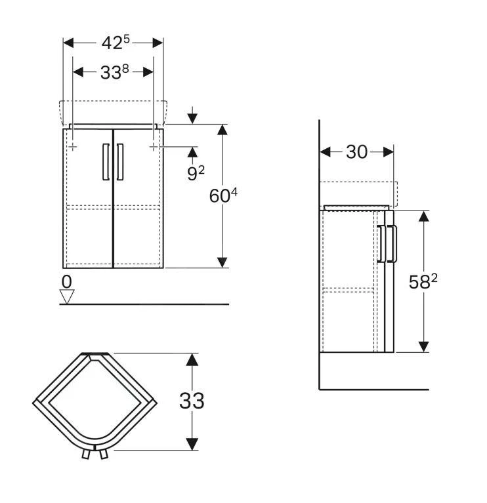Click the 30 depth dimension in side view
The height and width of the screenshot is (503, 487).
pos(356,152)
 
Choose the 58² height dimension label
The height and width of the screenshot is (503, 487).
pos(423,282)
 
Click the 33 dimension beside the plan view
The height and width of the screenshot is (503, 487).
pos(192,400)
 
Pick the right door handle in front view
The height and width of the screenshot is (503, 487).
pos(120,161)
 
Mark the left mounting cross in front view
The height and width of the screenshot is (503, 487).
pos(73,148)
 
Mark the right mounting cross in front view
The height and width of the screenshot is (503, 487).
pos(153,148)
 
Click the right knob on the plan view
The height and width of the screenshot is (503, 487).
pos(103,454)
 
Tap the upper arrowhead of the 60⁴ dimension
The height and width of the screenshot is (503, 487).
pos(223,130)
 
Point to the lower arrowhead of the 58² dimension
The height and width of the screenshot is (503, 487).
pos(424,345)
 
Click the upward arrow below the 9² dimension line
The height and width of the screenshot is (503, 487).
pos(192,153)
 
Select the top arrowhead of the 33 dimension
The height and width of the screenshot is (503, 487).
pos(192,359)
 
